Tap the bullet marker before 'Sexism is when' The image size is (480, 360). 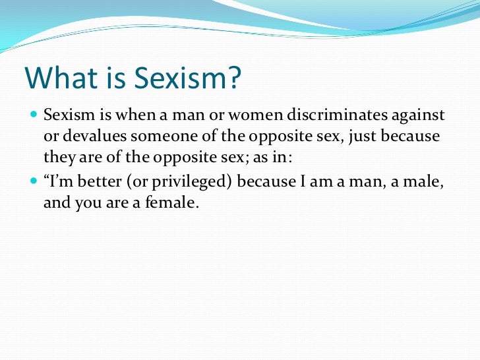[34, 117]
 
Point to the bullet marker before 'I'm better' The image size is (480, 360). [34, 182]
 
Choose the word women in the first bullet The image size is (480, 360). [236, 116]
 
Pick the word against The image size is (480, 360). [417, 116]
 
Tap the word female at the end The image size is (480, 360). [174, 203]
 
